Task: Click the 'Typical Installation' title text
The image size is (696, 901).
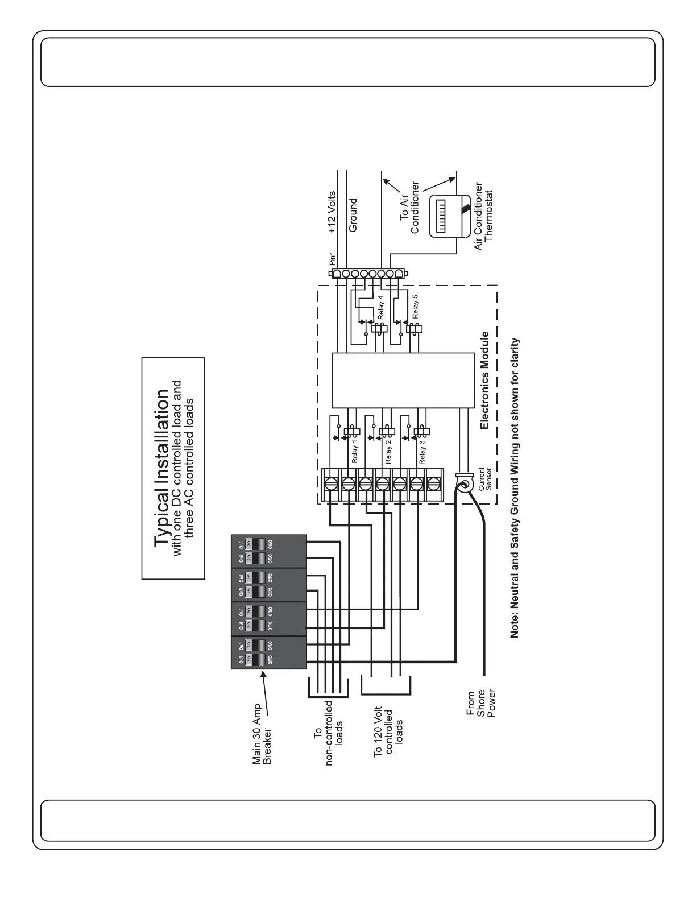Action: click(x=163, y=468)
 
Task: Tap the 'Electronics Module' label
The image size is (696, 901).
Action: click(x=484, y=381)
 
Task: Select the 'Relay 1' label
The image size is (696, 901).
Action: click(x=355, y=451)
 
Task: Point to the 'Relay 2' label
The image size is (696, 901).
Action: click(x=388, y=452)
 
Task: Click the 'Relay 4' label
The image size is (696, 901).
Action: click(x=380, y=307)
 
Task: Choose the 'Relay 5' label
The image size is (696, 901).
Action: click(x=415, y=306)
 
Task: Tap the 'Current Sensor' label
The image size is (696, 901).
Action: click(x=485, y=480)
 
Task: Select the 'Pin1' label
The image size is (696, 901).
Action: click(x=333, y=259)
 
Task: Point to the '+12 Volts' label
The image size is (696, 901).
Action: click(x=333, y=213)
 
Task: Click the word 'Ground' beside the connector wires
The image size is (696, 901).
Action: click(x=353, y=214)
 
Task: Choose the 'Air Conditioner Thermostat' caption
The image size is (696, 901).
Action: click(x=483, y=216)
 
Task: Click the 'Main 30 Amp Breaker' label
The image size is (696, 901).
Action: click(x=262, y=734)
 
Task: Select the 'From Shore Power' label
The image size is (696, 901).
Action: click(x=481, y=704)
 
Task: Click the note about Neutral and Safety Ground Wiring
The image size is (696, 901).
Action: click(x=515, y=487)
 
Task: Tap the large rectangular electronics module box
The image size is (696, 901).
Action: click(x=403, y=380)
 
